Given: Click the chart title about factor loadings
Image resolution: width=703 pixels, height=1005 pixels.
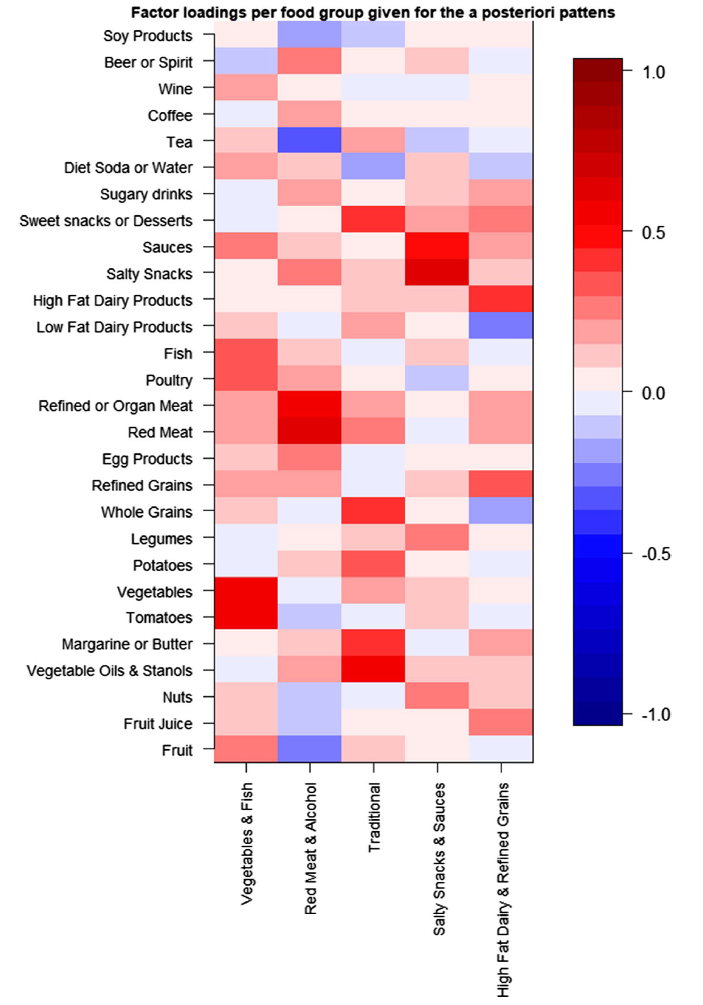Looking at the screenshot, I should point(372,12).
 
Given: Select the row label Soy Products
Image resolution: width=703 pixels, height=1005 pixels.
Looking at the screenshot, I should point(148,36).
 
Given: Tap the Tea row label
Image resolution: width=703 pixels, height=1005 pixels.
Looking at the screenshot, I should point(179,142).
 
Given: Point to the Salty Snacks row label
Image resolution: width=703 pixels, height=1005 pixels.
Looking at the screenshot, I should point(149,274).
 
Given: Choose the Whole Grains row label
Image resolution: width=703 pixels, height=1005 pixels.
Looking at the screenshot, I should point(147,512).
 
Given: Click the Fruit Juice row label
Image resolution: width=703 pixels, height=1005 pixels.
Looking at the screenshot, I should point(158,724).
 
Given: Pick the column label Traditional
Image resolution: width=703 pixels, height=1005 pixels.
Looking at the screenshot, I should point(374,817).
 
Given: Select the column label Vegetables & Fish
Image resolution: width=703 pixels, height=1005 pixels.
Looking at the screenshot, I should point(247,843).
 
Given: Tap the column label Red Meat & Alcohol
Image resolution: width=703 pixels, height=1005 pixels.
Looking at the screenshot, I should point(310,848).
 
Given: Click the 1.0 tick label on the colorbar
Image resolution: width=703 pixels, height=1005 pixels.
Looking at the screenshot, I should point(653,72).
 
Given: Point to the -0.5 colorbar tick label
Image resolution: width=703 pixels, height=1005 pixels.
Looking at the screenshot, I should point(656,554).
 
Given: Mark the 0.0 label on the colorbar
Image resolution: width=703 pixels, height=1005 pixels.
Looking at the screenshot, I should point(653,393).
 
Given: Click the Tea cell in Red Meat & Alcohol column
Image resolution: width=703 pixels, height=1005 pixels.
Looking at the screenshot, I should point(310,140).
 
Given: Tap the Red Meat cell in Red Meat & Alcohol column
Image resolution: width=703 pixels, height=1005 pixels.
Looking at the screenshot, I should point(310,431).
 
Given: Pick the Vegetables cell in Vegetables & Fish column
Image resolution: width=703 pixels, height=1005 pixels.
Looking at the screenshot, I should point(246,590).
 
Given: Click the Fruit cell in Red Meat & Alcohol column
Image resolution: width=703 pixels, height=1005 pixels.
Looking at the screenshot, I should point(310,749).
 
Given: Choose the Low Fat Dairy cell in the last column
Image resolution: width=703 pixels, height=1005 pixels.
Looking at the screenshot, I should point(501,325).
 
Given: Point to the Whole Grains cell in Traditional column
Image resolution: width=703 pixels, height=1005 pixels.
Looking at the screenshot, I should point(374,510).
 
